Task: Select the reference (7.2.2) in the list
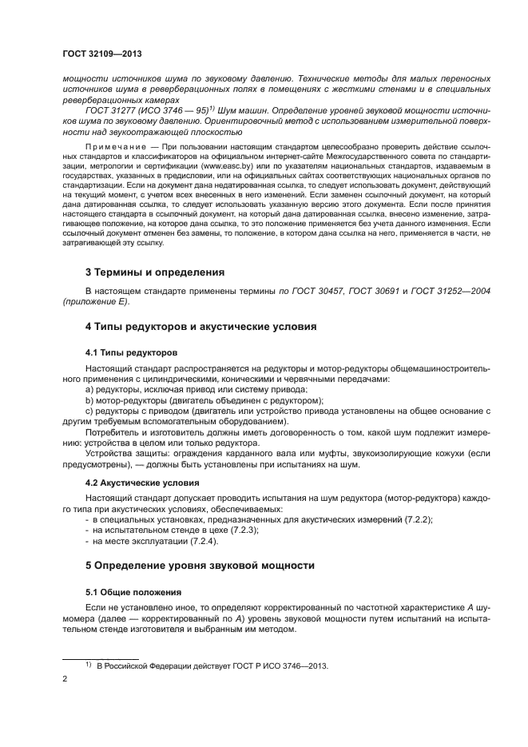coord(419,519)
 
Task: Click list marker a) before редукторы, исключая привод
coord(89,389)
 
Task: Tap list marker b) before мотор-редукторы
coord(89,399)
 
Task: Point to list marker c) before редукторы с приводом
coord(89,411)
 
